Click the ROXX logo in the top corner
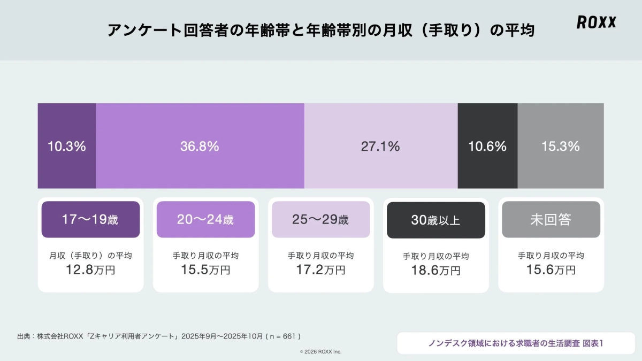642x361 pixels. [x=597, y=22]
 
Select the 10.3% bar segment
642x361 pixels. [x=67, y=146]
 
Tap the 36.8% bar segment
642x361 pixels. [x=200, y=146]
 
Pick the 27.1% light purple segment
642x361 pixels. [x=380, y=146]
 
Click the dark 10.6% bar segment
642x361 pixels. [x=487, y=146]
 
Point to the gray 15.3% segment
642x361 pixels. [x=560, y=146]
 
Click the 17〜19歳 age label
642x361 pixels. [x=90, y=219]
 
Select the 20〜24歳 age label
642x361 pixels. [x=205, y=219]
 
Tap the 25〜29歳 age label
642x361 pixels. [x=320, y=219]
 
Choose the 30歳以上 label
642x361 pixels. [x=436, y=220]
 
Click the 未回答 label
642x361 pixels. [x=551, y=220]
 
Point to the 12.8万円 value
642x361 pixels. [x=90, y=270]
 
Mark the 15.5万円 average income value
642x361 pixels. [x=205, y=270]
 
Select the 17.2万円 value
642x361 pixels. [x=320, y=270]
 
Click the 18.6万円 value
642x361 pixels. [x=436, y=271]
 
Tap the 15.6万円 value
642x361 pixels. [x=551, y=270]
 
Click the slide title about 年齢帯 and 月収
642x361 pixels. [x=321, y=30]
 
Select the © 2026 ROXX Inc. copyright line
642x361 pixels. [x=320, y=351]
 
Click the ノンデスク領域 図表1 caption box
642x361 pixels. [x=516, y=343]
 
